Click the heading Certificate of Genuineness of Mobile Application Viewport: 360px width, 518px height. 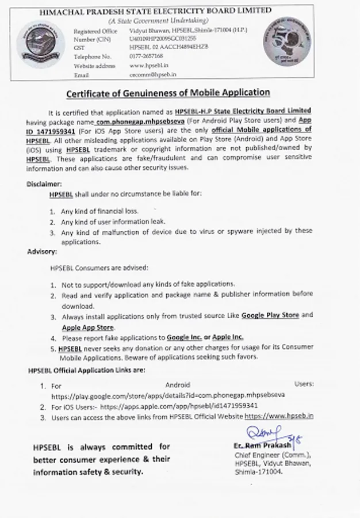pos(168,92)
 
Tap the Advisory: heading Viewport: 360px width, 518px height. pos(42,252)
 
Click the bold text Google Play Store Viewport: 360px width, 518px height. pos(270,315)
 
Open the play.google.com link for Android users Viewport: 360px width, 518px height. pos(168,396)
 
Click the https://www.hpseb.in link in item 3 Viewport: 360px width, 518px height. pos(278,416)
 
